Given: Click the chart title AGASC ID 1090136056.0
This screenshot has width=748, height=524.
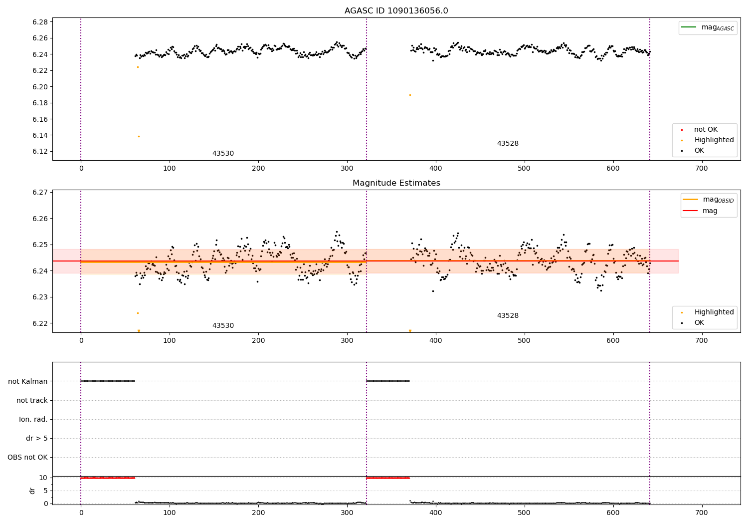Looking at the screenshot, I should [x=396, y=11].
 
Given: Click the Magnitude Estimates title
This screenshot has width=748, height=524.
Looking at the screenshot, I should [x=396, y=183].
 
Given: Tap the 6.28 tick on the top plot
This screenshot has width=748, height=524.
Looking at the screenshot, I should [x=40, y=22].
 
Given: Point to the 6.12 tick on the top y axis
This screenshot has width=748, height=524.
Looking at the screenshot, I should [x=40, y=152].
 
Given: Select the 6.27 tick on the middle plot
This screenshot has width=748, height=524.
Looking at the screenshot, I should [x=40, y=192].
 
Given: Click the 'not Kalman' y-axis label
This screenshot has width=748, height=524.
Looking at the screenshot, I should [x=28, y=381].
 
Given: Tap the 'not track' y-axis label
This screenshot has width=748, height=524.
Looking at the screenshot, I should [x=32, y=400].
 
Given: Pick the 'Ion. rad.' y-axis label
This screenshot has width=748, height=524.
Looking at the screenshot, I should [x=33, y=419].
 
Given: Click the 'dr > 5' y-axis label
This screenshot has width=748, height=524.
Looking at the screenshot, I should [x=37, y=438].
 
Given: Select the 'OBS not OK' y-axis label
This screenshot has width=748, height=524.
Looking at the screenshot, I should [x=27, y=457].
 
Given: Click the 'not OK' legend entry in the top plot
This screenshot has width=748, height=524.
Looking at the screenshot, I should [x=706, y=130].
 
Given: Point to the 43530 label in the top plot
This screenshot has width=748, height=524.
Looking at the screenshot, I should [x=223, y=154].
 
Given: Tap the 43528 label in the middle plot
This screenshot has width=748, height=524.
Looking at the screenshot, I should [x=508, y=316].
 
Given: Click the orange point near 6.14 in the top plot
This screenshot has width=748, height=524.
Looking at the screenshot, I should [x=139, y=136].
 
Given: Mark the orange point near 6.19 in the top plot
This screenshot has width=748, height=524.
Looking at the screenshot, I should [x=410, y=95].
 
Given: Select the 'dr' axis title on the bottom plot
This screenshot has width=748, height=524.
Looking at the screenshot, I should [x=32, y=491].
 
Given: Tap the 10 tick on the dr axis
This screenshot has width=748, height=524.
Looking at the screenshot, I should [x=43, y=478].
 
